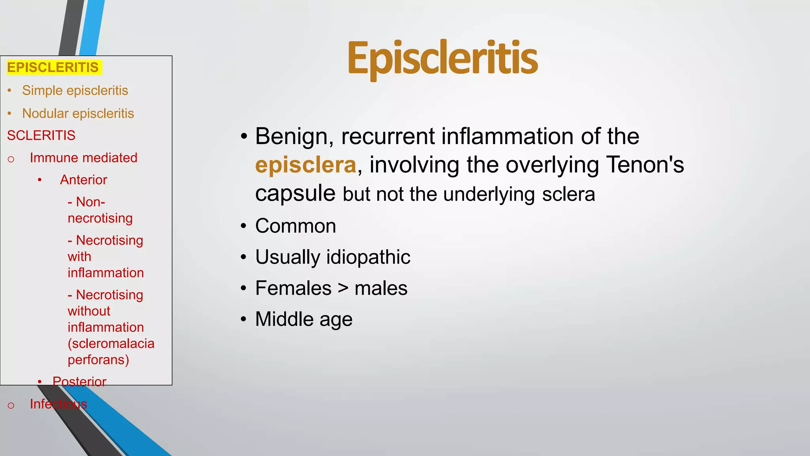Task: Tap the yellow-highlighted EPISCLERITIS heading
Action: (53, 67)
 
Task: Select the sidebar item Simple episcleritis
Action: (75, 90)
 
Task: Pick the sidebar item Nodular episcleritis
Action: (78, 113)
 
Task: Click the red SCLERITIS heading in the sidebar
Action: (41, 135)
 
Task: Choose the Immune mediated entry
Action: (83, 158)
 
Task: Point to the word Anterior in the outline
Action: (83, 180)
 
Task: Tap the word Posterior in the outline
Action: (79, 382)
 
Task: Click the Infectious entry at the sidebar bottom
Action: (58, 404)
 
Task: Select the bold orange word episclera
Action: (305, 165)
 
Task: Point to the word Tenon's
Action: (645, 165)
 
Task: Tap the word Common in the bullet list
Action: (295, 226)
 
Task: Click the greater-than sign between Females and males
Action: (343, 288)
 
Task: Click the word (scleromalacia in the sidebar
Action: (111, 344)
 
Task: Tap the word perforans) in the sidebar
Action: (98, 360)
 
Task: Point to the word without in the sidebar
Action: (89, 311)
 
